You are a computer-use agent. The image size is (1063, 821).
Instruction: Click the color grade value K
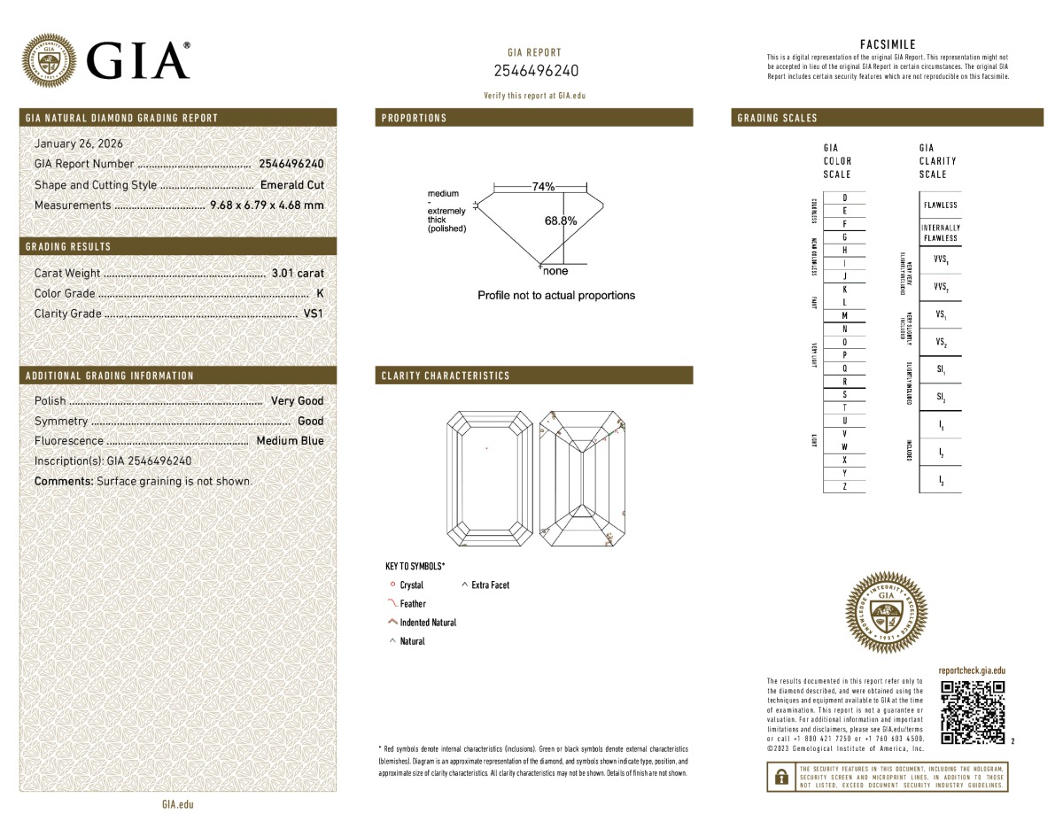point(320,293)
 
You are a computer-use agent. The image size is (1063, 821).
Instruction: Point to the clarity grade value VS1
point(314,314)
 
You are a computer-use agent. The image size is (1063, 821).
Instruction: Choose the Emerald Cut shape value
point(292,185)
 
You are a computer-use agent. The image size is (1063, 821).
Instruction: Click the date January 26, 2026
point(79,143)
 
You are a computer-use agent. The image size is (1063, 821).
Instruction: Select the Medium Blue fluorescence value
point(290,441)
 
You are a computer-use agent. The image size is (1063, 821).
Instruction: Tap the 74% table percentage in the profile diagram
point(543,187)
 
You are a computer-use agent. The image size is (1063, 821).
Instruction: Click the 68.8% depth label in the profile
point(560,221)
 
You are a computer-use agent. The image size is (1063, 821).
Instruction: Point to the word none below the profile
point(555,271)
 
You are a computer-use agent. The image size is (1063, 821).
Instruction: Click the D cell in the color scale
point(844,198)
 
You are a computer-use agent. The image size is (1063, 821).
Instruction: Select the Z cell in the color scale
point(844,487)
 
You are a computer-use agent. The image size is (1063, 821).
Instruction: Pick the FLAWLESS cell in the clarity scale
point(940,205)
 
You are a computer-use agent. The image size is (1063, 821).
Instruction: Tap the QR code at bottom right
point(972,712)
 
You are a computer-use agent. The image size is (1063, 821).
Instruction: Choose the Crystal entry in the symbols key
point(411,585)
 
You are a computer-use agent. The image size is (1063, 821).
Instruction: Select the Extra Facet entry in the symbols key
point(490,585)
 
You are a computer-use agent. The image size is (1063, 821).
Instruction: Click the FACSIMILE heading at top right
point(888,44)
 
